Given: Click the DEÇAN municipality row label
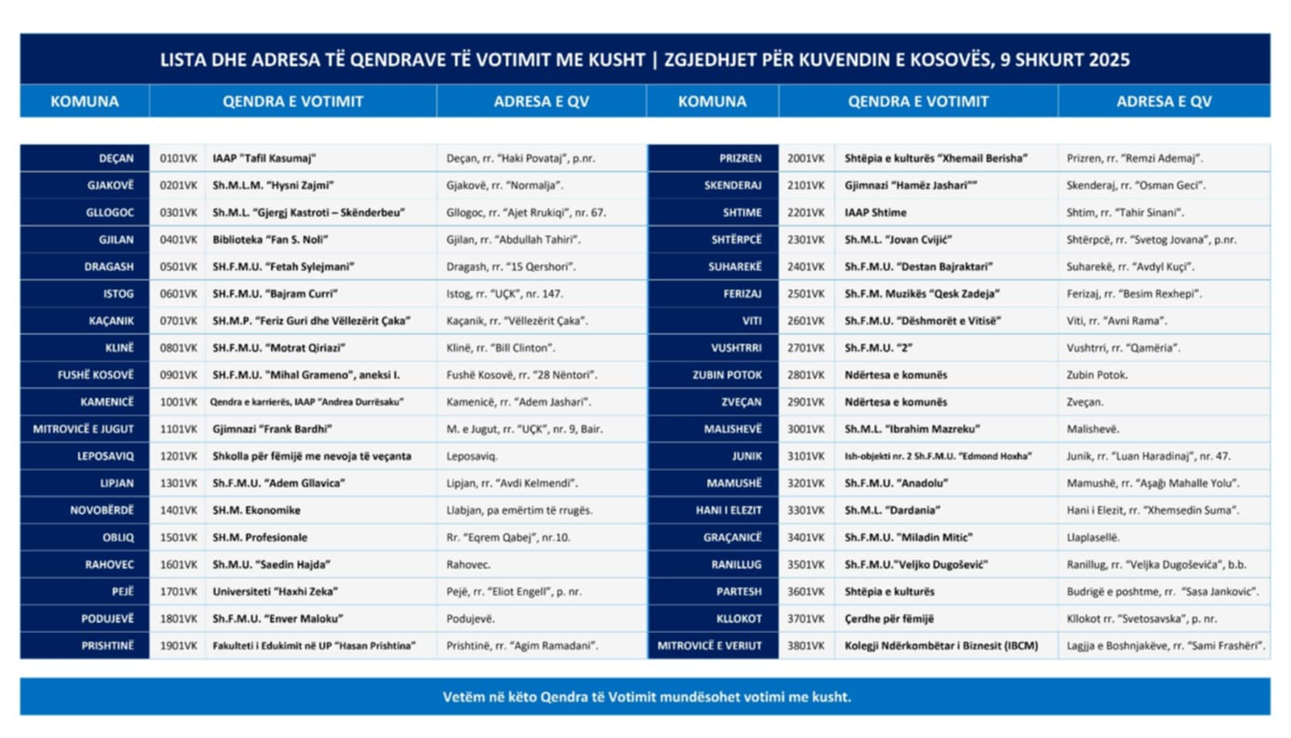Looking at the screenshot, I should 116,158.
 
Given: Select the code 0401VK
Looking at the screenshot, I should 178,240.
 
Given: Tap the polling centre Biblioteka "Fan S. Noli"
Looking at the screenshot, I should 270,240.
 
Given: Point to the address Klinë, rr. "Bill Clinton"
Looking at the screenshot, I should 501,348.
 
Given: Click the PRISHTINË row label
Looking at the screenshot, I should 107,646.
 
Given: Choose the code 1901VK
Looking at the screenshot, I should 178,646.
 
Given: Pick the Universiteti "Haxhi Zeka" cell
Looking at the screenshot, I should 275,592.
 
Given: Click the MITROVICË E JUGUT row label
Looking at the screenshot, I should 83,430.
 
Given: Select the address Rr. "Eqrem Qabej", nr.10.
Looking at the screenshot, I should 508,538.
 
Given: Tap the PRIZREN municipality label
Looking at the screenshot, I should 740,158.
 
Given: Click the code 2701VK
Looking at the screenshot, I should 806,348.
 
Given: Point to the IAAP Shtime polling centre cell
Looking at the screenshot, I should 875,213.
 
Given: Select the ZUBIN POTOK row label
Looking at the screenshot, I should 727,375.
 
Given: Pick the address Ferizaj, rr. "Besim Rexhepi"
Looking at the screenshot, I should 1134,294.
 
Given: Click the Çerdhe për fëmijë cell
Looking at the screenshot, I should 889,619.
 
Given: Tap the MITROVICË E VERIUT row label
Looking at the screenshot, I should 709,646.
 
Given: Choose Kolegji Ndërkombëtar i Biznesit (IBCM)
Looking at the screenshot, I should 942,646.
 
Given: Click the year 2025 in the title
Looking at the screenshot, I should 1109,60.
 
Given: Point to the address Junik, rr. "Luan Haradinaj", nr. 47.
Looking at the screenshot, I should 1148,456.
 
